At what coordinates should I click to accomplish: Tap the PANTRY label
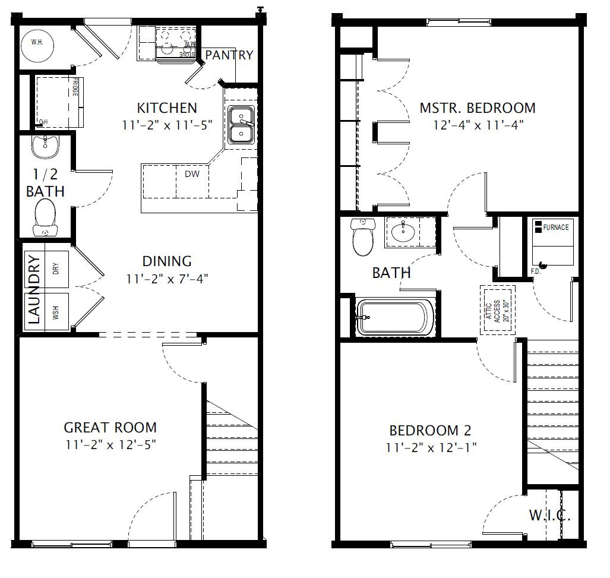coord(229,55)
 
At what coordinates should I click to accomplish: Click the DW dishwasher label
coord(192,174)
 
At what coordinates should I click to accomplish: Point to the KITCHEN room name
coord(167,108)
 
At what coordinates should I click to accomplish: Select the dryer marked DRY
coord(56,269)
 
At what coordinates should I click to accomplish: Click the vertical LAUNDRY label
coord(34,289)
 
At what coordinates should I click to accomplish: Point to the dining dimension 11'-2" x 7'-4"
coord(167,277)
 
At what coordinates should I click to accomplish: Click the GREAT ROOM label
coord(110,428)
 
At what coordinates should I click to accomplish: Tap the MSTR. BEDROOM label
coord(478,108)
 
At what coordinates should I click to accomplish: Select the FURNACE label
coord(555,228)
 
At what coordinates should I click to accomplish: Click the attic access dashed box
coord(497,310)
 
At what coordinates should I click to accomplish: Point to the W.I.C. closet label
coord(550,515)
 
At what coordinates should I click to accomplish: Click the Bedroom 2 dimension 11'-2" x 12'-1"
coord(431,447)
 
